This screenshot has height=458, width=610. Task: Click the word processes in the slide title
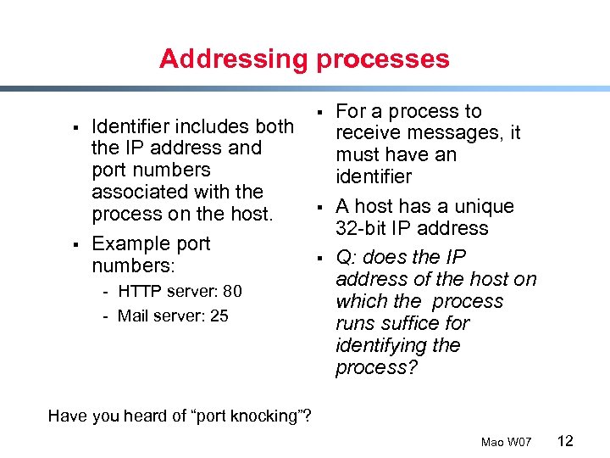pyautogui.click(x=383, y=59)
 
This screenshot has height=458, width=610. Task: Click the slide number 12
pyautogui.click(x=566, y=440)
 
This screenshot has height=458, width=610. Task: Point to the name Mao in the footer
pyautogui.click(x=492, y=442)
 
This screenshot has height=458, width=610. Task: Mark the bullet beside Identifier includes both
pyautogui.click(x=75, y=128)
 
